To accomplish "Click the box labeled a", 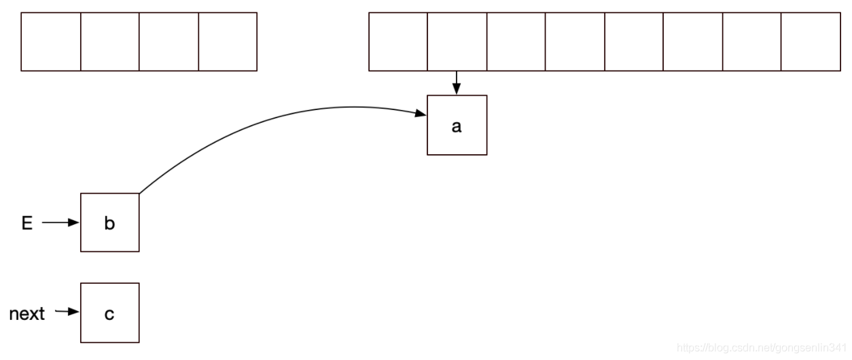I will tap(457, 125).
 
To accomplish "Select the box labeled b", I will tap(109, 222).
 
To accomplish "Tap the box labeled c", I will tap(109, 312).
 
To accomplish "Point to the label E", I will tap(27, 223).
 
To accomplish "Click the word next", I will tap(27, 313).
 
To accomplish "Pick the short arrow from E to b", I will tap(60, 222).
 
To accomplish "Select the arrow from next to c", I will tap(67, 312).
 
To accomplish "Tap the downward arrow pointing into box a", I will tap(457, 83).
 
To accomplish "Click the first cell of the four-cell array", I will tap(51, 41).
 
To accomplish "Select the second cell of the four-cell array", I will tap(110, 41).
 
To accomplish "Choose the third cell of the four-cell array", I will tap(168, 41).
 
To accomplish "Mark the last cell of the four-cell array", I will tap(228, 41).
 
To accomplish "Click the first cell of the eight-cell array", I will tap(398, 41).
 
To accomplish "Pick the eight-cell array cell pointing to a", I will tap(457, 41).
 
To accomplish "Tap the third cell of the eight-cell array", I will tap(516, 41).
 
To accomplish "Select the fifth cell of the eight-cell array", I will tap(634, 41).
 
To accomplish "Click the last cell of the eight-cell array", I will tap(811, 41).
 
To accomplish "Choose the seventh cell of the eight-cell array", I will tap(751, 41).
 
